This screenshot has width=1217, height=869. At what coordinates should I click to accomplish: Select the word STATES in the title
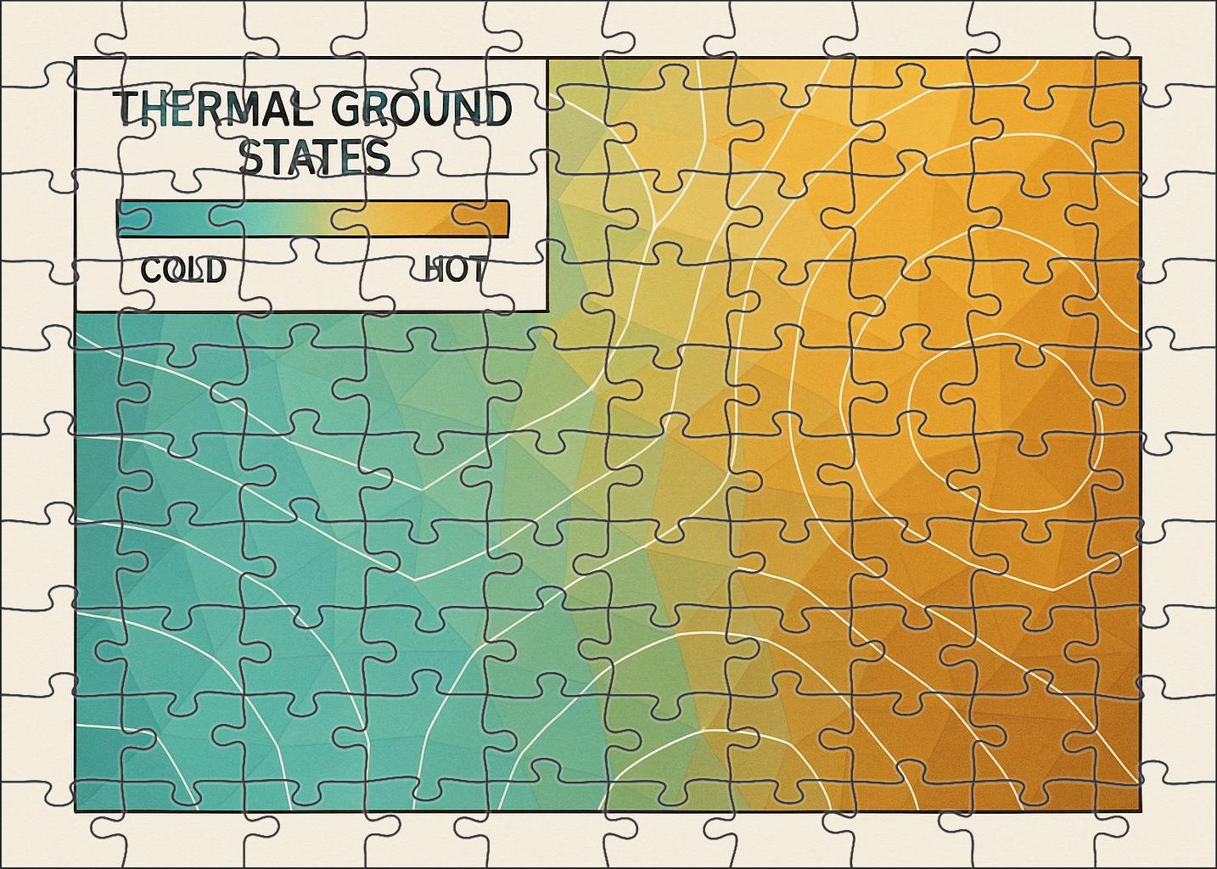coord(314,157)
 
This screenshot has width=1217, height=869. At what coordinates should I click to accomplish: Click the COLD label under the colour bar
coord(183,271)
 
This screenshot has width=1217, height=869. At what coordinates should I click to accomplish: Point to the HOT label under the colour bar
coord(455,271)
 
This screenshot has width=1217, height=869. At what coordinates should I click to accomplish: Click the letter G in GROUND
coord(337,109)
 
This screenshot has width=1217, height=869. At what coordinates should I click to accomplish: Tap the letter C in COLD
coord(151,271)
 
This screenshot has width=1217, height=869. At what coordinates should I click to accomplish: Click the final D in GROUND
coord(497,109)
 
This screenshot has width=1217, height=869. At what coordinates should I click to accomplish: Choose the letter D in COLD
coord(216,271)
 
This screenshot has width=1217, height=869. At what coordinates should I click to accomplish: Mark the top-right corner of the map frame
coord(1140,59)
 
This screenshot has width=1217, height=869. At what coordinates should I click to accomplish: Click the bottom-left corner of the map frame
coord(76,810)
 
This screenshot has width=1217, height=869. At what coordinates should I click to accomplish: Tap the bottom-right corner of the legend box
coord(546,311)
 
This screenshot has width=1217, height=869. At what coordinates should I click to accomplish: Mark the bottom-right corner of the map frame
coord(1140,810)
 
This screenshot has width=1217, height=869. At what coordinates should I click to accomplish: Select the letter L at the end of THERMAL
coord(296,109)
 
